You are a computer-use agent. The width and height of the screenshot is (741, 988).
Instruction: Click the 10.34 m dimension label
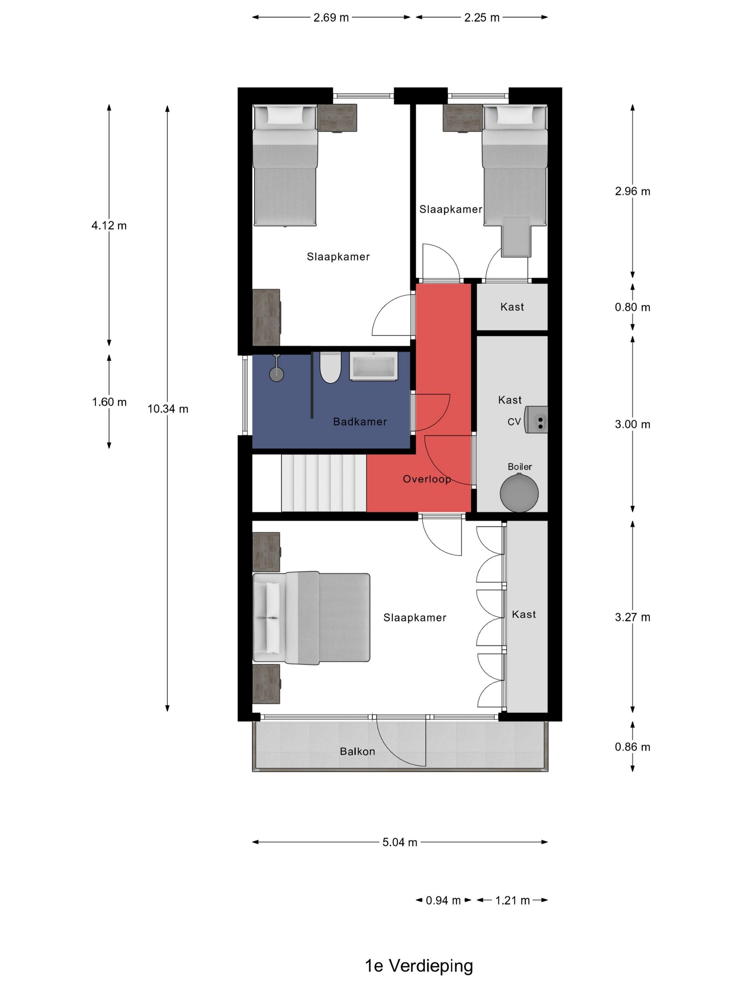tap(168, 409)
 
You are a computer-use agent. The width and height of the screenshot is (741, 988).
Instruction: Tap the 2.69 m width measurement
tap(331, 17)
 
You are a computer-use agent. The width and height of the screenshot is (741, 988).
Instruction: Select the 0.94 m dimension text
tap(443, 900)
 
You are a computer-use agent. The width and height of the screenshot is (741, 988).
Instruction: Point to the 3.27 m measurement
tap(633, 617)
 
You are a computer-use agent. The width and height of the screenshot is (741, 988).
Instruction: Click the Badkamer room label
tap(360, 422)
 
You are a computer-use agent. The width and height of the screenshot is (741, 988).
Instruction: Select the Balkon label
tap(357, 751)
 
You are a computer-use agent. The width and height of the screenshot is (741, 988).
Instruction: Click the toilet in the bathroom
tap(330, 367)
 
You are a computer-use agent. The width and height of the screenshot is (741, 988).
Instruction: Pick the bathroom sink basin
tap(373, 367)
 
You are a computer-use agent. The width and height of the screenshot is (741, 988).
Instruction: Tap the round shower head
tap(277, 374)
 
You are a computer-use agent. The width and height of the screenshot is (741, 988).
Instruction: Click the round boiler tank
tap(519, 493)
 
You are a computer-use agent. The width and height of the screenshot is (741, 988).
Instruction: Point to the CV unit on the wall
tap(536, 420)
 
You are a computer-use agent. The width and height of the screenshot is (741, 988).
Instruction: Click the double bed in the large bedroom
tap(311, 618)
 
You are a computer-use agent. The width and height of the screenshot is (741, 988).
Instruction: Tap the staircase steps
tap(324, 483)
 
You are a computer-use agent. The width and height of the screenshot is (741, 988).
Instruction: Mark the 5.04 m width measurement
tap(400, 842)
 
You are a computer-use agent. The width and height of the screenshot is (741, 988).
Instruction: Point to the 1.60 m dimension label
tap(109, 402)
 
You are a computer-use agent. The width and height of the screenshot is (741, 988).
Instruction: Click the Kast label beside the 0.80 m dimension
tap(512, 307)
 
